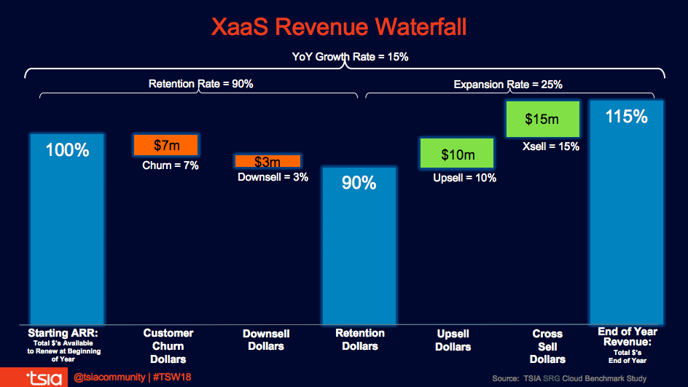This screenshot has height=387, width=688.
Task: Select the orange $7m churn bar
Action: click(x=165, y=144)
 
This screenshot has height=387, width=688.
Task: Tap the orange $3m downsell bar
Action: click(x=267, y=161)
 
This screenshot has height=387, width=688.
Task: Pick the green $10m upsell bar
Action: click(x=457, y=155)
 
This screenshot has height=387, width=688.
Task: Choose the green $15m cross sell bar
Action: click(x=542, y=119)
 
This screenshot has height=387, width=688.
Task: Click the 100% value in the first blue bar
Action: click(x=66, y=151)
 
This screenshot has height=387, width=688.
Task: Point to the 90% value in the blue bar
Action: click(x=359, y=183)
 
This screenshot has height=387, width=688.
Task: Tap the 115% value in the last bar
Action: click(x=626, y=117)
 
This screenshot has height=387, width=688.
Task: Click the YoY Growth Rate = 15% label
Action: click(x=345, y=57)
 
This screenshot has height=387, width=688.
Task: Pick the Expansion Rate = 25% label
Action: click(x=507, y=85)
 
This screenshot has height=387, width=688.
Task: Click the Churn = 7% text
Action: click(x=170, y=165)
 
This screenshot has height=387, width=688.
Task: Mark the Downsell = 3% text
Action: click(x=273, y=177)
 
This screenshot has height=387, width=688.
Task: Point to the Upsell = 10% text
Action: click(x=464, y=178)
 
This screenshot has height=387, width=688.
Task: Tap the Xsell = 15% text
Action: click(x=550, y=146)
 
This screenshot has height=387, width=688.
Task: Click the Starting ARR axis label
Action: click(x=66, y=332)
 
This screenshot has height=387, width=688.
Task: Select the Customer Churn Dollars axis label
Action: click(x=168, y=345)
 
